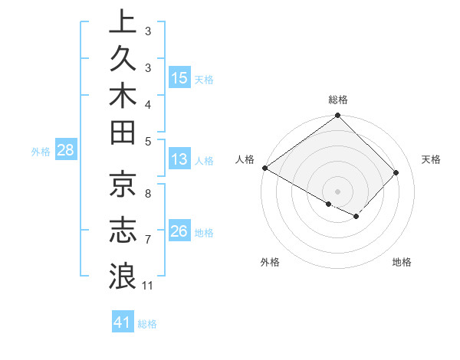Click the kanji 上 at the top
pyautogui.click(x=122, y=21)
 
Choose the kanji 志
pyautogui.click(x=122, y=230)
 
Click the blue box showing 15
pyautogui.click(x=179, y=77)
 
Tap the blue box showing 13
pyautogui.click(x=179, y=159)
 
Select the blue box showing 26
pyautogui.click(x=179, y=231)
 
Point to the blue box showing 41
pyautogui.click(x=123, y=322)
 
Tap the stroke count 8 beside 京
pyautogui.click(x=148, y=193)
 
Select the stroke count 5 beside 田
pyautogui.click(x=148, y=141)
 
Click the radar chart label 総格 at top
pyautogui.click(x=338, y=100)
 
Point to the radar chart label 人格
pyautogui.click(x=245, y=159)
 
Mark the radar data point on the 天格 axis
pyautogui.click(x=396, y=173)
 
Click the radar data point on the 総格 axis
pyautogui.click(x=338, y=116)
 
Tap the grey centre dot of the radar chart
pyautogui.click(x=338, y=191)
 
